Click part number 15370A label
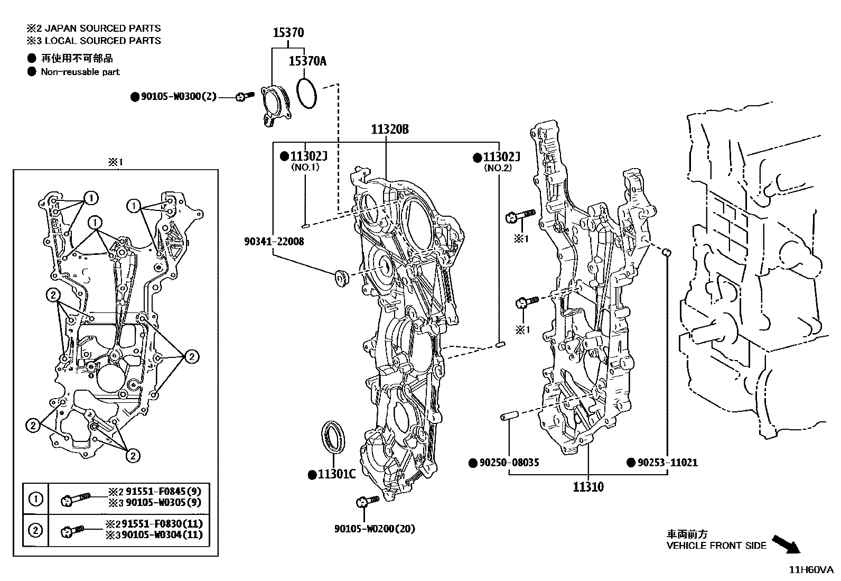pyautogui.click(x=307, y=61)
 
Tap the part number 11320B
pyautogui.click(x=389, y=129)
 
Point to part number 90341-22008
pyautogui.click(x=274, y=241)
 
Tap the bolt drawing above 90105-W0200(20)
pyautogui.click(x=367, y=501)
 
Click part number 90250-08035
pyautogui.click(x=508, y=463)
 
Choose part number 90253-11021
pyautogui.click(x=667, y=463)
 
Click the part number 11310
pyautogui.click(x=588, y=487)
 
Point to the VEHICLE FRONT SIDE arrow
pyautogui.click(x=786, y=543)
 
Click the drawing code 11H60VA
pyautogui.click(x=810, y=569)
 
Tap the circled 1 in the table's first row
pyautogui.click(x=36, y=499)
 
